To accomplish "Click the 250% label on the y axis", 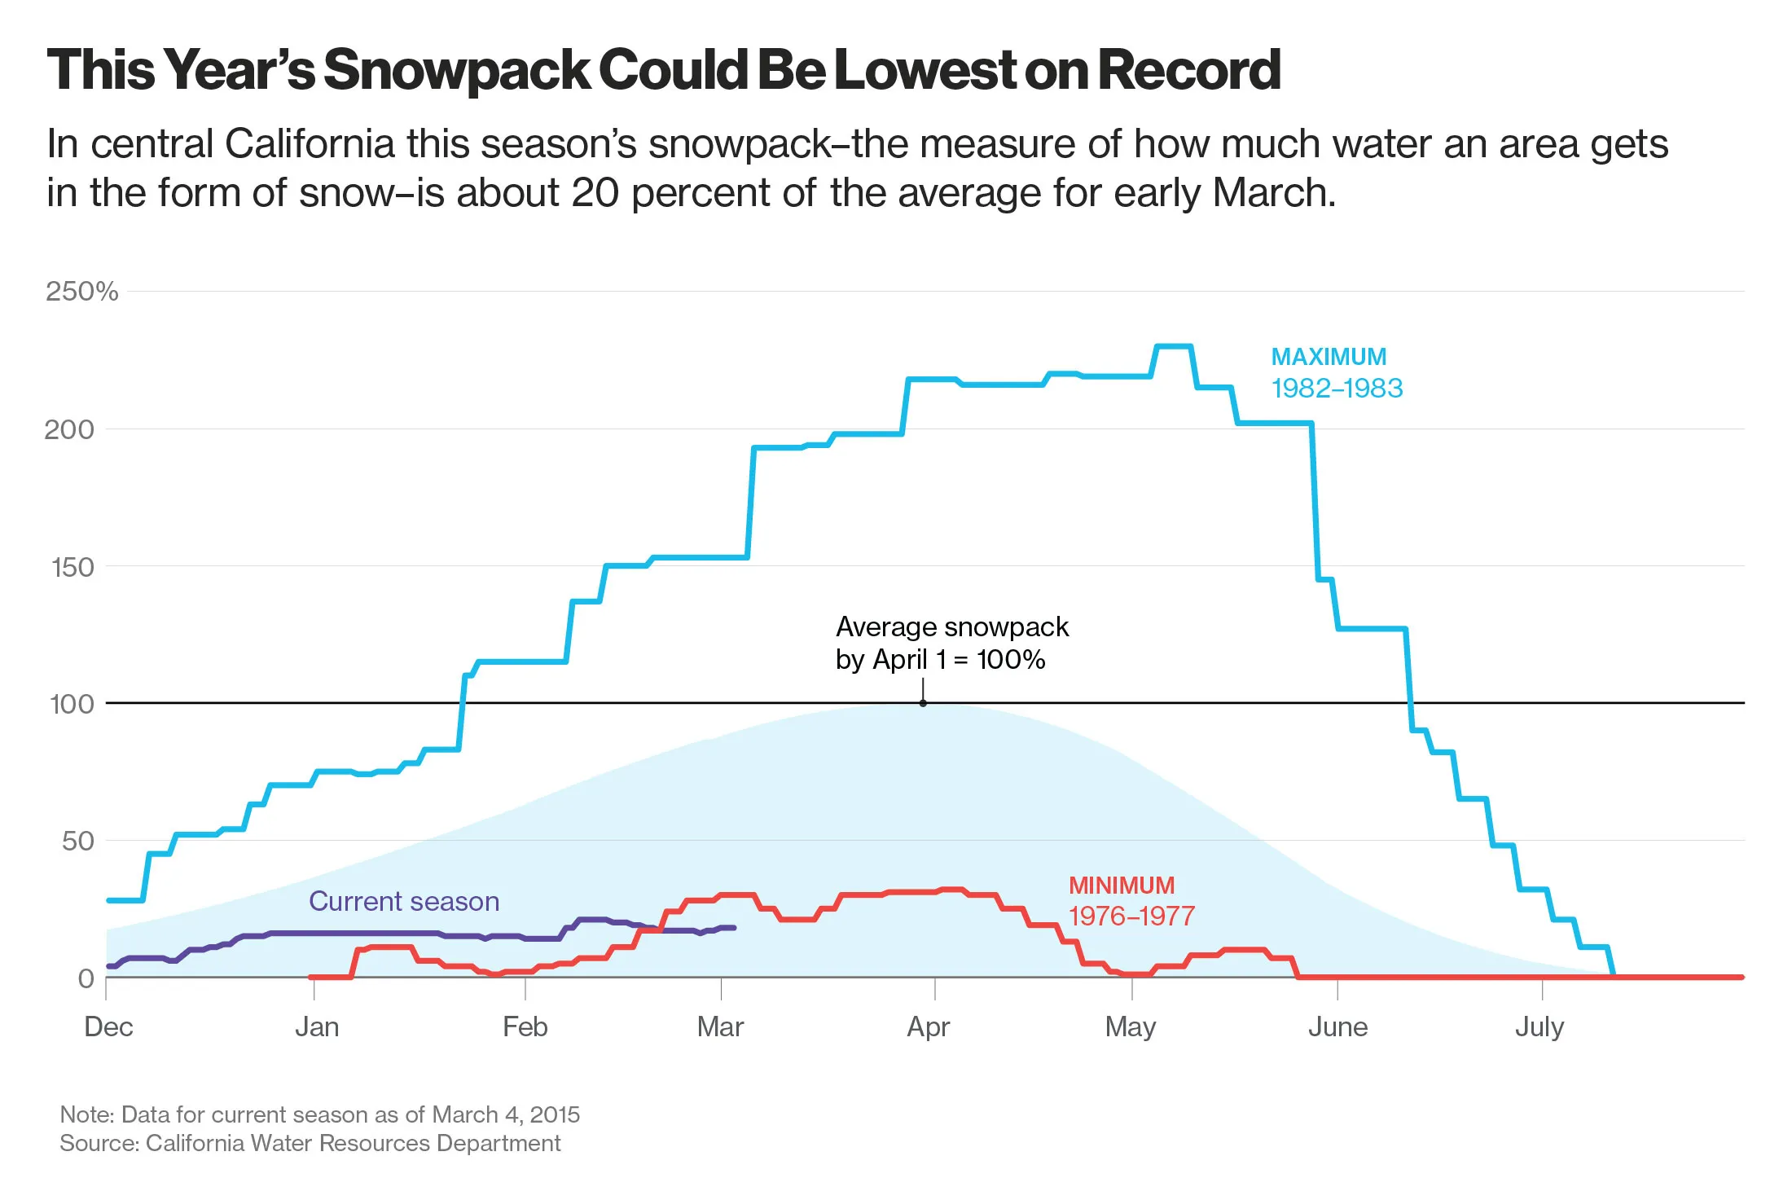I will pos(81,292).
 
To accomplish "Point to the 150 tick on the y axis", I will pos(72,567).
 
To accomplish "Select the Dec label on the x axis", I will pos(108,1026).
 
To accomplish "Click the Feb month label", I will pos(525,1026).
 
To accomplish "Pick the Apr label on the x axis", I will pos(929,1026).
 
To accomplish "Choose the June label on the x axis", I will pos(1337,1026).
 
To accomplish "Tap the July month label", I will pos(1539,1026).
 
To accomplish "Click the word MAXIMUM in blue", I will pos(1329,357).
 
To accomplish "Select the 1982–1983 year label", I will pos(1337,388).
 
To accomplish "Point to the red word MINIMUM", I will pos(1122,886).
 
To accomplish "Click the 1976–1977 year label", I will pos(1131,916).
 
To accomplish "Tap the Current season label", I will pos(404,901).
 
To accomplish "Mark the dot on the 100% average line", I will pos(923,703).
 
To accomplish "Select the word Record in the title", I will pos(1189,70).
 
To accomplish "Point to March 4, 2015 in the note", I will pos(506,1114).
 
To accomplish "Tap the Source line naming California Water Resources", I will pos(310,1144).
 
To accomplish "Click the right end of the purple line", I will pos(734,928).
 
